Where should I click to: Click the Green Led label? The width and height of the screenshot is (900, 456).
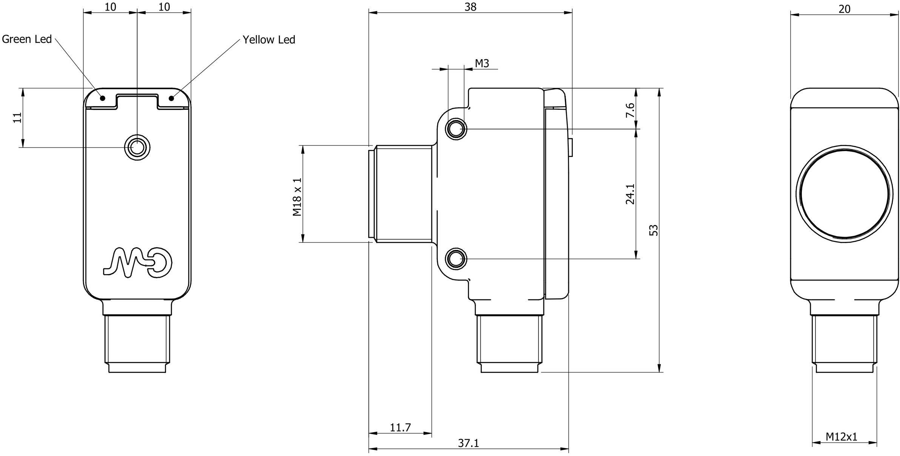pos(27,39)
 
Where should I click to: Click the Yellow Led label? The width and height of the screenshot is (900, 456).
pos(269,40)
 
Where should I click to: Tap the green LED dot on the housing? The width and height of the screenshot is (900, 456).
pos(103,98)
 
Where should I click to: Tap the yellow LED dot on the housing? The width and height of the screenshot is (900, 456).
pos(171,98)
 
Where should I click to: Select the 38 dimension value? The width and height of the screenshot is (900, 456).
pos(470,7)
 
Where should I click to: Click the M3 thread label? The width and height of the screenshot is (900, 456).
pos(482,63)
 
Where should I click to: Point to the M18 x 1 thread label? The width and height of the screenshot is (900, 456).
pos(297,197)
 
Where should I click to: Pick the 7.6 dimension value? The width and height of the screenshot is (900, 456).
pos(631,110)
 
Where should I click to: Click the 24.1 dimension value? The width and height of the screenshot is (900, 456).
pos(631,194)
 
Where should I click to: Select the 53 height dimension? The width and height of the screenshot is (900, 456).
pos(654,230)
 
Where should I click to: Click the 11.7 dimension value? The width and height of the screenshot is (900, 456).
pos(400,428)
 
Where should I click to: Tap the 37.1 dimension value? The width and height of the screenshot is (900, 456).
pos(468,443)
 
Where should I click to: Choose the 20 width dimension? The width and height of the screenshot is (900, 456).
pos(844,9)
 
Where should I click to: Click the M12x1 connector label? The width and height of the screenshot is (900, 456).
pos(842,437)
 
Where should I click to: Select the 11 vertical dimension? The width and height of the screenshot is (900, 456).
pos(17,117)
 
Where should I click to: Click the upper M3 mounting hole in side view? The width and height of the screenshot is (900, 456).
pos(456,129)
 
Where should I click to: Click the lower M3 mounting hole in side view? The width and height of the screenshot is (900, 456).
pos(456,259)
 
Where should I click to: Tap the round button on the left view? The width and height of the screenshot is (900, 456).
pos(137,147)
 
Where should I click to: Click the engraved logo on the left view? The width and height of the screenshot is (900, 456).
pos(138,263)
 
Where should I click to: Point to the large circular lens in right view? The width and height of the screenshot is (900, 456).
pos(844,194)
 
